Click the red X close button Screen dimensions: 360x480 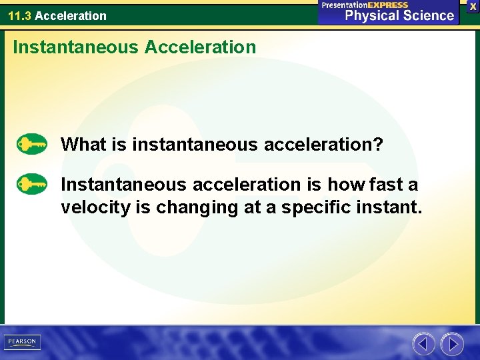pos(473,6)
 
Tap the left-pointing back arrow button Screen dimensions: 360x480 pos(423,343)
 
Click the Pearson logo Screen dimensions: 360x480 pos(22,342)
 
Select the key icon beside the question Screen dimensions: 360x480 pos(32,144)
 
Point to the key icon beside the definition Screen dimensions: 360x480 pos(32,183)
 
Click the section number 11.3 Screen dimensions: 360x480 pos(19,15)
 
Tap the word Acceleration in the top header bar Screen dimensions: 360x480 pos(70,15)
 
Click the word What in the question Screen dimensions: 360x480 pos(83,144)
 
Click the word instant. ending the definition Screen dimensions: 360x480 pos(391,207)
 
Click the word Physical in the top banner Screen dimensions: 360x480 pos(369,15)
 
